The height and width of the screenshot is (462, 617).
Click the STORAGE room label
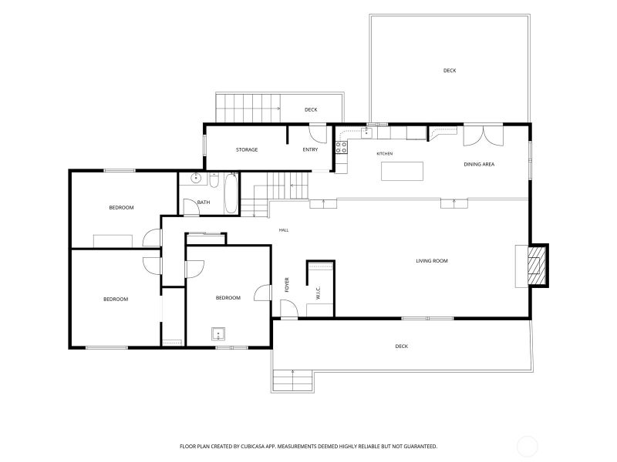pyautogui.click(x=247, y=149)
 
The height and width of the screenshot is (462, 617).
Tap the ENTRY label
pyautogui.click(x=310, y=149)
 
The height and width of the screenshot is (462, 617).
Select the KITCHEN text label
pyautogui.click(x=384, y=153)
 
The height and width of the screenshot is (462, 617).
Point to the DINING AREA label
pyautogui.click(x=479, y=164)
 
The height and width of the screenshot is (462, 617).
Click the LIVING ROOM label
pyautogui.click(x=432, y=261)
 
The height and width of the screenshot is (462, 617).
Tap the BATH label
pyautogui.click(x=204, y=203)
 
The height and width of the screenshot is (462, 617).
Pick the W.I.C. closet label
pyautogui.click(x=319, y=293)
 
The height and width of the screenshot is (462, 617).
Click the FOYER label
pyautogui.click(x=287, y=285)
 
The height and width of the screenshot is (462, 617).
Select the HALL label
pyautogui.click(x=284, y=230)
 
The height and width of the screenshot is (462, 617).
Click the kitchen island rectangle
pyautogui.click(x=402, y=171)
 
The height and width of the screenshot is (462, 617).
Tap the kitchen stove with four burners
pyautogui.click(x=341, y=147)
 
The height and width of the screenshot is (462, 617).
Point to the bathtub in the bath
pyautogui.click(x=231, y=194)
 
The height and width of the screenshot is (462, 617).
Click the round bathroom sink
pyautogui.click(x=196, y=179)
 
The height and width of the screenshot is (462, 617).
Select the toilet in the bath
pyautogui.click(x=214, y=181)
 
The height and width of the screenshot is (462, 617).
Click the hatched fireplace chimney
pyautogui.click(x=537, y=266)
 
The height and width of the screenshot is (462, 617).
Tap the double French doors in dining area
pyautogui.click(x=484, y=136)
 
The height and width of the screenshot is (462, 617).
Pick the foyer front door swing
pyautogui.click(x=289, y=309)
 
